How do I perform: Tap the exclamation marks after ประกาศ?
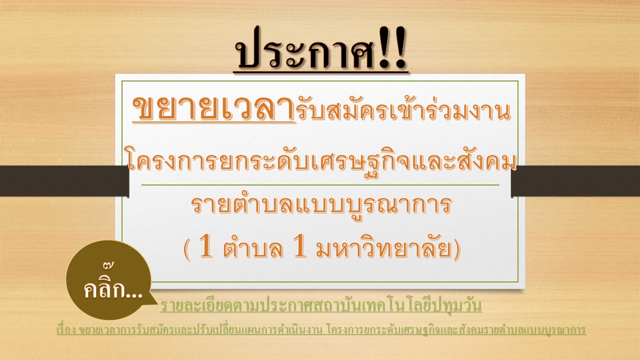(392, 47)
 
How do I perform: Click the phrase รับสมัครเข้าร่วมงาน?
(403, 109)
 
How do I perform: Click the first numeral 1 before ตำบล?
(206, 245)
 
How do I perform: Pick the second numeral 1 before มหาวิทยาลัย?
(299, 245)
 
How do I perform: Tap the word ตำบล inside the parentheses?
(253, 247)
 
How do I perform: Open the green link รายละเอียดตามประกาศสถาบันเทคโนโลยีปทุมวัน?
(321, 305)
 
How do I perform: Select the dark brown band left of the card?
(64, 181)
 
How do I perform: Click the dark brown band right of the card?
(575, 181)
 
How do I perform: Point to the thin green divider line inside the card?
(320, 185)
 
